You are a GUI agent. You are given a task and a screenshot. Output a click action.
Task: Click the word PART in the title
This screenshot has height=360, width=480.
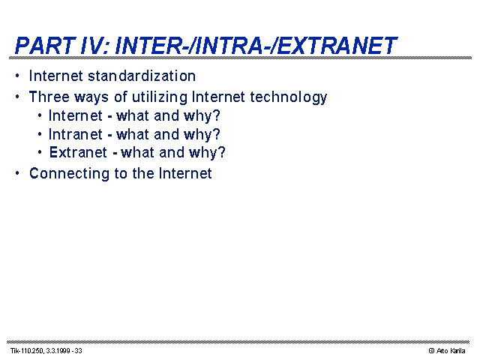coord(45,46)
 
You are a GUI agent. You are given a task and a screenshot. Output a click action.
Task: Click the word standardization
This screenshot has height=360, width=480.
coord(142,76)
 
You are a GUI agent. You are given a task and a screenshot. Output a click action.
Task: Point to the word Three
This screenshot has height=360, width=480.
coord(49,97)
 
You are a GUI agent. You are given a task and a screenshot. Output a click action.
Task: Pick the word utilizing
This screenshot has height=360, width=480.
coord(160,97)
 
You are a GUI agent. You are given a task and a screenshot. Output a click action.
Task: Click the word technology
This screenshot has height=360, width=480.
coord(289,97)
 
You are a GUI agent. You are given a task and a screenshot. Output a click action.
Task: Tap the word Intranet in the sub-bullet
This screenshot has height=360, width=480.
coord(75,134)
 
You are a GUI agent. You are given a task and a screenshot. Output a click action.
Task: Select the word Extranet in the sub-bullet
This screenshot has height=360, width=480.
coord(78,152)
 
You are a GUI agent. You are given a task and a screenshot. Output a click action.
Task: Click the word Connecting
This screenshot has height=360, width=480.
coord(69,174)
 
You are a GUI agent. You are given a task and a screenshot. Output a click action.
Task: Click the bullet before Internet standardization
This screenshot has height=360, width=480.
coord(17,75)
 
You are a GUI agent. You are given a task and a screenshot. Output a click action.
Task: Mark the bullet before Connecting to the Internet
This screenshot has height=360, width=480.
coord(17,173)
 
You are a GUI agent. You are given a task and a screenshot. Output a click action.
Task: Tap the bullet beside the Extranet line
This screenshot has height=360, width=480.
coord(40,151)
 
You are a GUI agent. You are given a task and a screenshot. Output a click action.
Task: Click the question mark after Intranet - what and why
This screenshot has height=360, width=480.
coord(217,134)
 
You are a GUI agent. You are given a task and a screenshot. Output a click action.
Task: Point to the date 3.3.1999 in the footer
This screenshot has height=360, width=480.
coord(58,351)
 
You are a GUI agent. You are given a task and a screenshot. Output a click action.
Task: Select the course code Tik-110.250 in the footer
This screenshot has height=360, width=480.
coord(27,351)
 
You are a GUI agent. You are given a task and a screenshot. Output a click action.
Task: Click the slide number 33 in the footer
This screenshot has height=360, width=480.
coord(78,351)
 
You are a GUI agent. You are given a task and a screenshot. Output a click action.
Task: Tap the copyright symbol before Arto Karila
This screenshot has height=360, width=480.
coord(432,351)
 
